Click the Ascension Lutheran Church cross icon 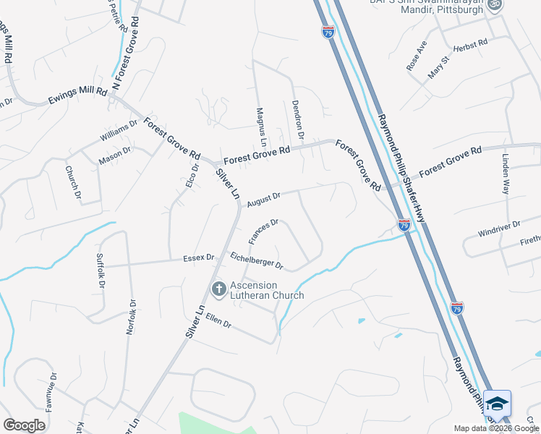pos(218,289)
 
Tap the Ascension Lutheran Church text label pos(265,290)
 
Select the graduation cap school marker pos(497,404)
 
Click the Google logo pos(24,425)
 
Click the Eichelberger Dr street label pos(257,260)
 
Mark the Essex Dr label pos(199,257)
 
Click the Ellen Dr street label pos(218,320)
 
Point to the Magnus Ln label pos(261,126)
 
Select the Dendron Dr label pos(297,119)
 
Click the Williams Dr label pos(119,133)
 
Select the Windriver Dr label pos(499,229)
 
